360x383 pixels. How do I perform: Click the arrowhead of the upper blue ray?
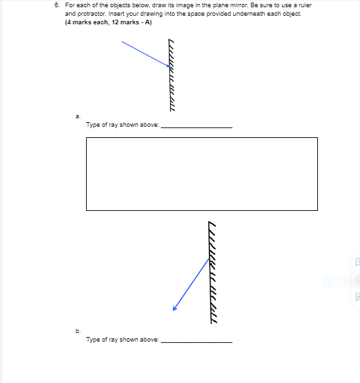[x=169, y=66]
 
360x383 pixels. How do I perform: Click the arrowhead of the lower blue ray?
[x=175, y=308]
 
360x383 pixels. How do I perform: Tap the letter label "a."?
[x=78, y=116]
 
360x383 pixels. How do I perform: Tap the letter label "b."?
[x=78, y=332]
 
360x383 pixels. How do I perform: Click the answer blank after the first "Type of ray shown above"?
[x=196, y=125]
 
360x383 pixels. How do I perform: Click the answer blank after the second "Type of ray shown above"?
[x=196, y=340]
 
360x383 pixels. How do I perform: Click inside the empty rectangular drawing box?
[x=201, y=174]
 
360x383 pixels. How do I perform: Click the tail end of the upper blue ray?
[x=122, y=41]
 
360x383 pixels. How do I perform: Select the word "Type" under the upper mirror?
[x=93, y=124]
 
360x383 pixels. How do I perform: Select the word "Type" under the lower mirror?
[x=93, y=340]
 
